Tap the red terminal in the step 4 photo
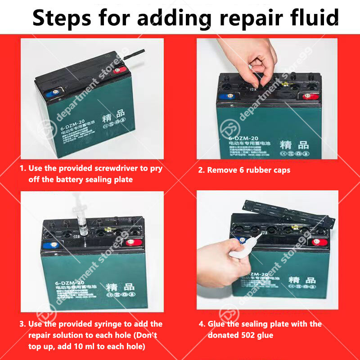tap(318, 242)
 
